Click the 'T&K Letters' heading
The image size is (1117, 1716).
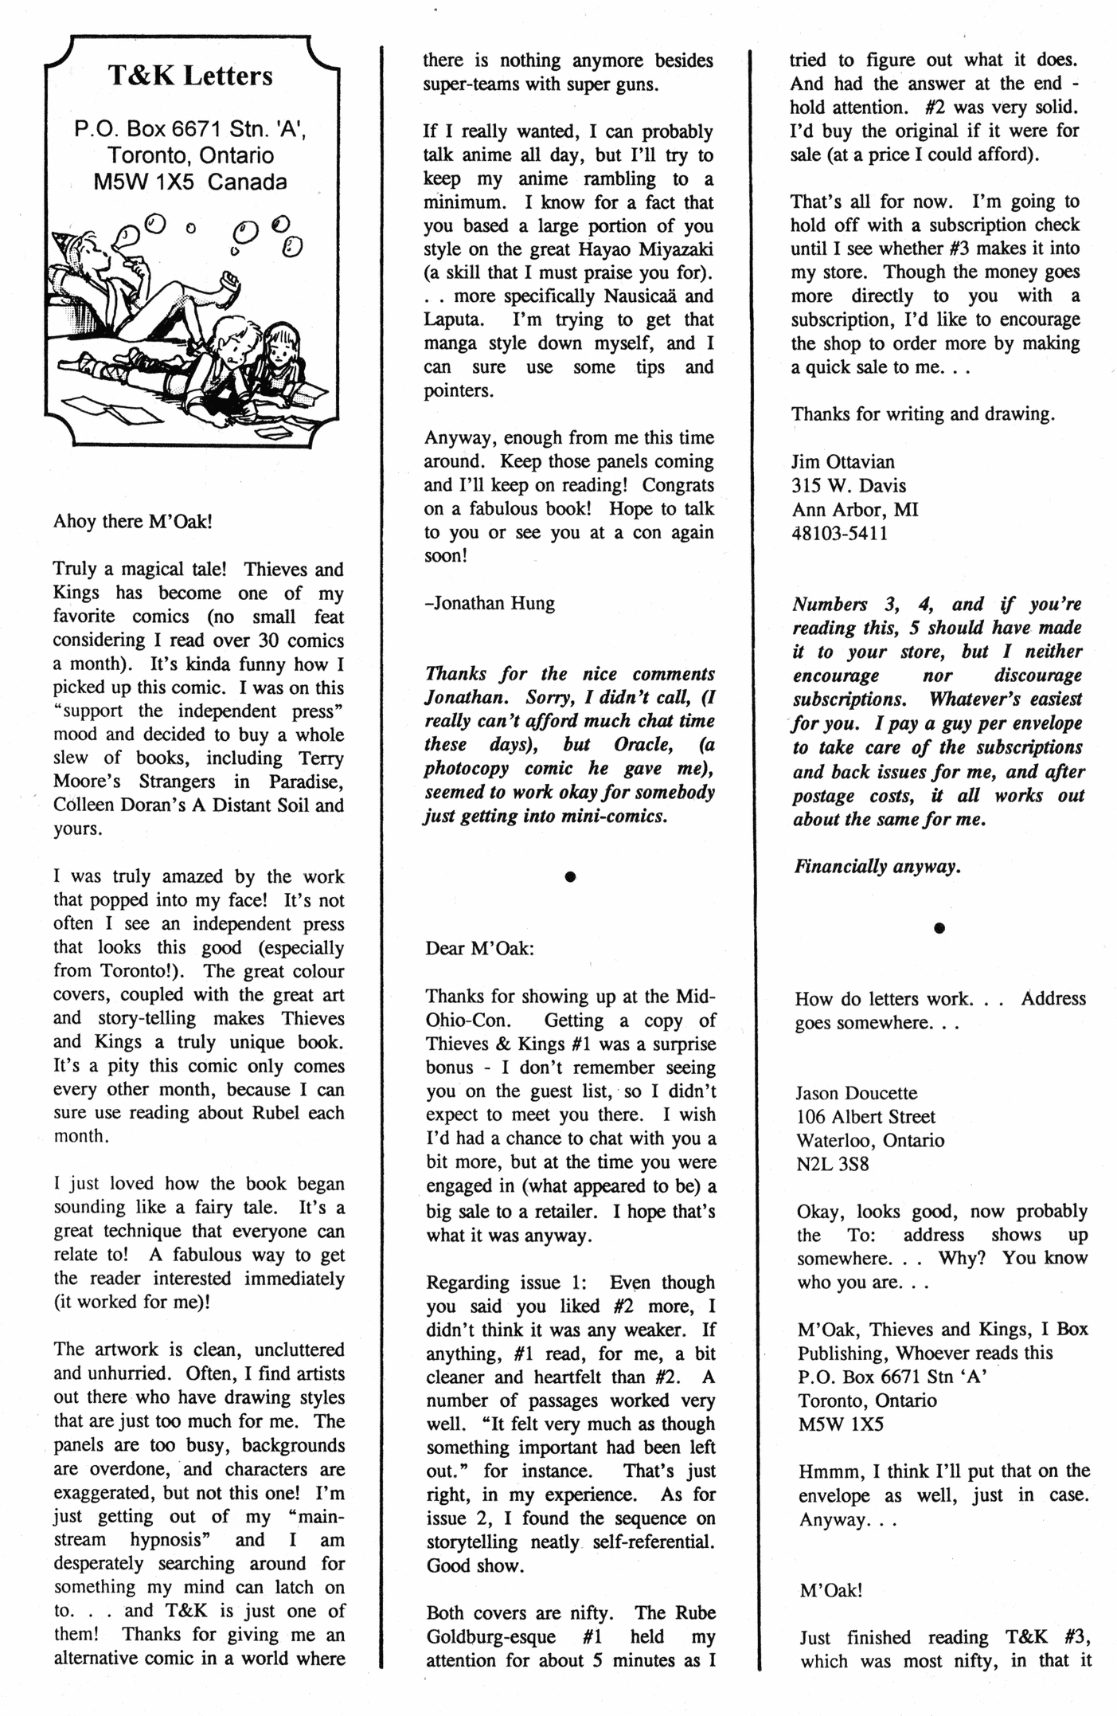190,76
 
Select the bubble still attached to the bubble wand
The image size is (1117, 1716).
124,237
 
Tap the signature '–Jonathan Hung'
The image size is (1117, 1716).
490,603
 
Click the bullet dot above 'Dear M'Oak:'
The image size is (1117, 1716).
569,876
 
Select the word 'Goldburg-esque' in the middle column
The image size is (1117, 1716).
486,1637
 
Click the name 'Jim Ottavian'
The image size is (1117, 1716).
842,462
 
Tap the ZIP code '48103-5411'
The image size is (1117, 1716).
839,533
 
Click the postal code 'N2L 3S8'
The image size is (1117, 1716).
832,1164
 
